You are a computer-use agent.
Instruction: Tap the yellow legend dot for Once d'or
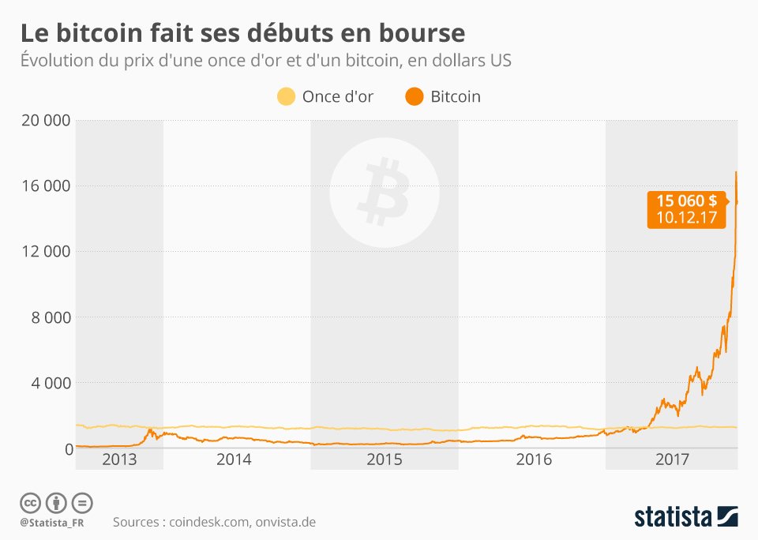point(285,97)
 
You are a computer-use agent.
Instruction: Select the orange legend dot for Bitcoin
point(414,97)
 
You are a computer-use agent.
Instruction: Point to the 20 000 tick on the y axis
point(46,121)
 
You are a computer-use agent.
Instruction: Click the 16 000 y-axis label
point(46,186)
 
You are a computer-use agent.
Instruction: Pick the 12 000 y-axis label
point(46,252)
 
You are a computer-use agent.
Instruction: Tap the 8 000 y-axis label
point(51,317)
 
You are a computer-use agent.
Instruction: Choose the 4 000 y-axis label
point(51,383)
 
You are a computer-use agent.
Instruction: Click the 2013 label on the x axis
point(120,459)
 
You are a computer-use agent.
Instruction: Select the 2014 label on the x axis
point(234,459)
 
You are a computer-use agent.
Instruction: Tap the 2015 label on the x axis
point(385,459)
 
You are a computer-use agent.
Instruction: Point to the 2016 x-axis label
point(533,459)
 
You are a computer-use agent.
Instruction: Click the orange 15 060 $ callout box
point(685,209)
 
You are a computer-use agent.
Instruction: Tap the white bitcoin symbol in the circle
point(385,189)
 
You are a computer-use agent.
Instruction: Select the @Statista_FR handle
point(51,523)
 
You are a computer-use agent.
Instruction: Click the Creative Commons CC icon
point(31,503)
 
